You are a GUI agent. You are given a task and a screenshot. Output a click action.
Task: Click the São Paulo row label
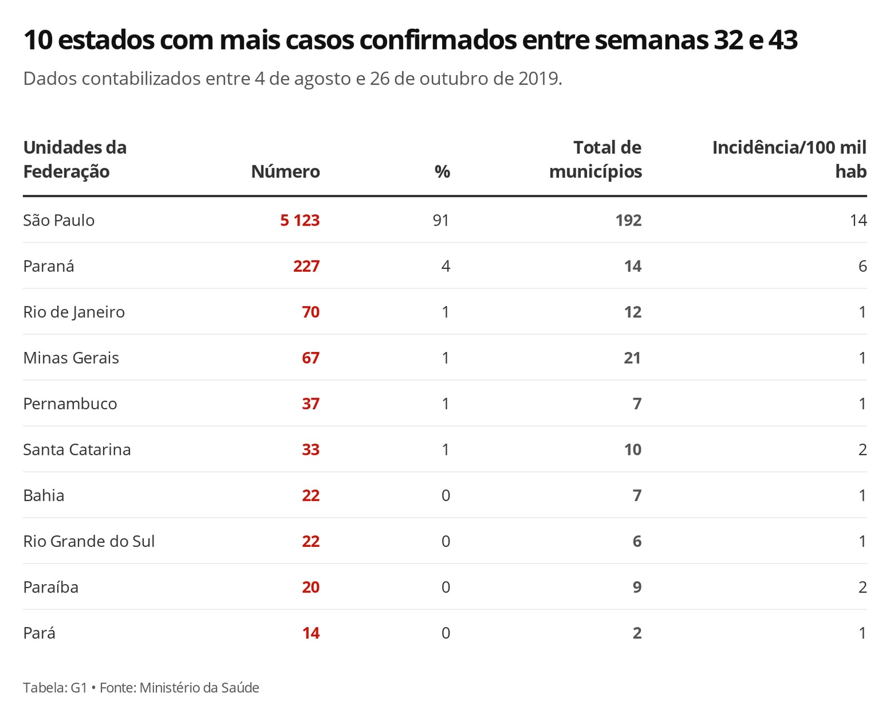59,221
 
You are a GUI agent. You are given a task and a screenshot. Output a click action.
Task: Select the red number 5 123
300,221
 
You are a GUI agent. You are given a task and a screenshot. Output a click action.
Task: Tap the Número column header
285,172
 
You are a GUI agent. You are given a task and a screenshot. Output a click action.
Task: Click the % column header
442,172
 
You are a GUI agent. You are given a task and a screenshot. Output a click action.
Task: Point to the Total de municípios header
596,160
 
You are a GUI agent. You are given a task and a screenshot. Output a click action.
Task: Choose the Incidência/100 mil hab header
789,160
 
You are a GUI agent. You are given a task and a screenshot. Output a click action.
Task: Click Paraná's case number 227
306,266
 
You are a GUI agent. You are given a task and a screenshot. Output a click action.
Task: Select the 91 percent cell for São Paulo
441,221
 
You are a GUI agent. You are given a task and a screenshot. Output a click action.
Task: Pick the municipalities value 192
629,221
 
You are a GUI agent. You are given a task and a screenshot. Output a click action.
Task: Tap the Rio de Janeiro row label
74,312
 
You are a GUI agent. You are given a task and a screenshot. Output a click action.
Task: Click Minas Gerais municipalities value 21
632,358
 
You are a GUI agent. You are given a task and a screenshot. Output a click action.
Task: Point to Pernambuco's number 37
310,404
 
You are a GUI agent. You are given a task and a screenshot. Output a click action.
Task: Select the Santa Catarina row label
77,450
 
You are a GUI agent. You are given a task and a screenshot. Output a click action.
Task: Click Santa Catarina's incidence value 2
862,450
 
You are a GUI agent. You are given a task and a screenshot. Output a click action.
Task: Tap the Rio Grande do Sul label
89,541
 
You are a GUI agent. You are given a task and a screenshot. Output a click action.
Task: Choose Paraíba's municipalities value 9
637,587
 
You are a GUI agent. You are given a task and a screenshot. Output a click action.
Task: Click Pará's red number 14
310,633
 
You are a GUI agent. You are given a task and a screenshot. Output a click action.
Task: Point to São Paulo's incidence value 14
858,221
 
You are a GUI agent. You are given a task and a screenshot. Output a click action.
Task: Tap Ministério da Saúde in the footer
199,688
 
